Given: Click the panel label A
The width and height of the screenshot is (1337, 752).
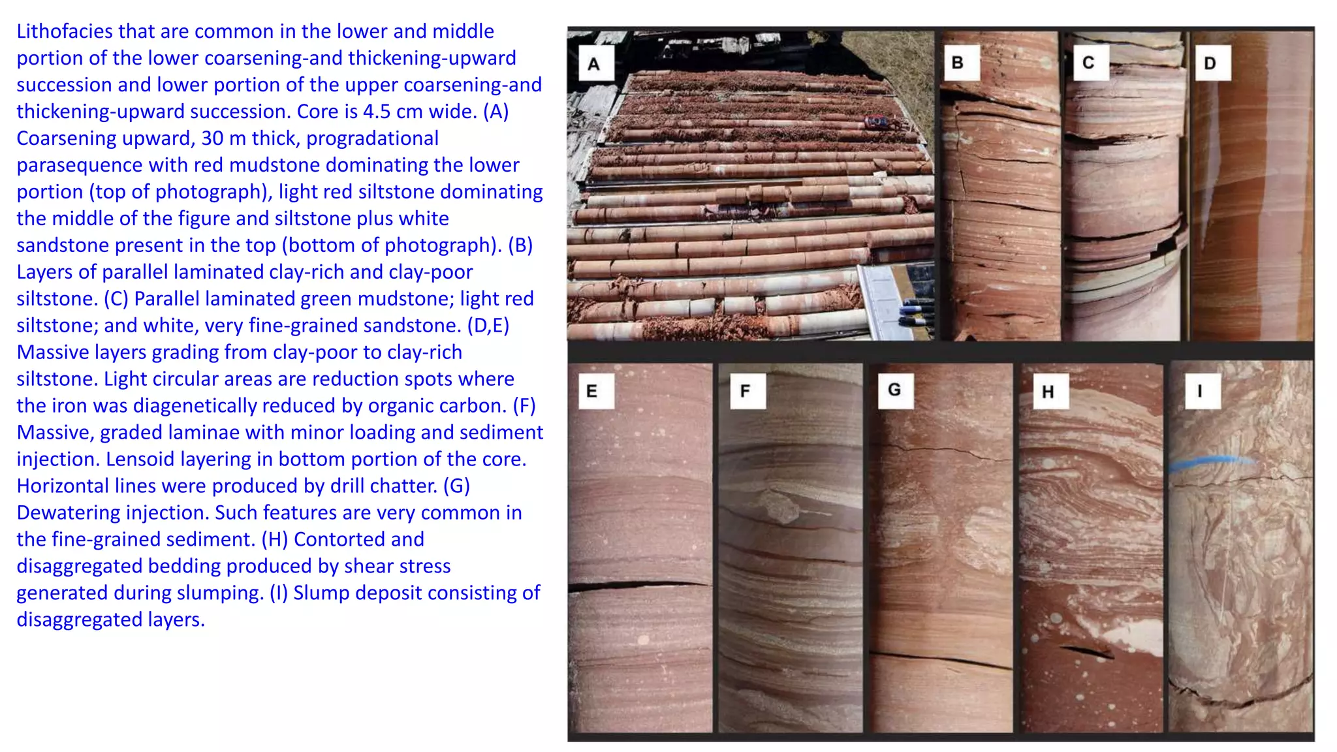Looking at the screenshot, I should (x=593, y=64).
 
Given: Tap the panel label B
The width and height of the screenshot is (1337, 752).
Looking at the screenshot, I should (x=958, y=63).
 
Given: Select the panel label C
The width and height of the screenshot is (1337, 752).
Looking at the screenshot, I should (x=1088, y=63).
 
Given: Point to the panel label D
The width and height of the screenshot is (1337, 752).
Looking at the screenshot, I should (x=1210, y=63).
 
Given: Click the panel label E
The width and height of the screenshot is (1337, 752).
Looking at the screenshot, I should (x=592, y=391).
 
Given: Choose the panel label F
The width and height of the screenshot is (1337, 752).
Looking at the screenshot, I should (x=745, y=391).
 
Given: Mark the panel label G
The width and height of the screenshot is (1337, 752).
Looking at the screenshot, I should (x=894, y=390).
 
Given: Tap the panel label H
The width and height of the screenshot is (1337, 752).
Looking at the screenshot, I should (x=1048, y=392).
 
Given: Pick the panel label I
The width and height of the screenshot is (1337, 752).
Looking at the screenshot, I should (x=1200, y=391).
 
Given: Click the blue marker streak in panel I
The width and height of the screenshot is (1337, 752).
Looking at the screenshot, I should (x=1211, y=463).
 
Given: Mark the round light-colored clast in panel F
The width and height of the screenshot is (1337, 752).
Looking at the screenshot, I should (x=778, y=507).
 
